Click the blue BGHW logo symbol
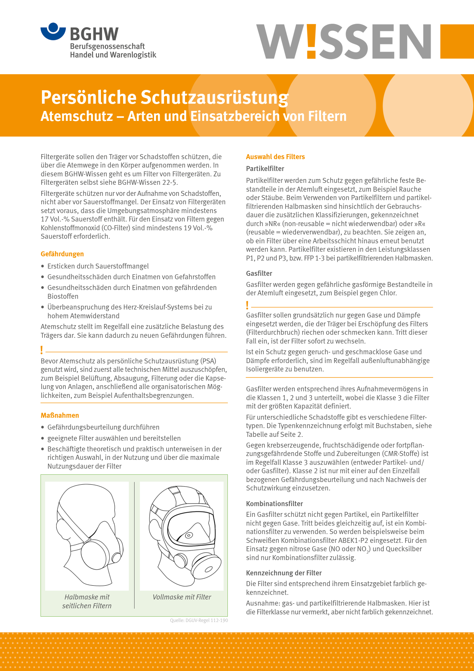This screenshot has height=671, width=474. (x=53, y=31)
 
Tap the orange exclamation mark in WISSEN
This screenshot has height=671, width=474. (x=312, y=41)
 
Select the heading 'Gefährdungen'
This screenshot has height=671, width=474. (x=62, y=254)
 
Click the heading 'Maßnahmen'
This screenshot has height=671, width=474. (x=60, y=415)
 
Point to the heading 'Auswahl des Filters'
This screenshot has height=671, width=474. (x=275, y=157)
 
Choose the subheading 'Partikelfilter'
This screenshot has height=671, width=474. (x=265, y=169)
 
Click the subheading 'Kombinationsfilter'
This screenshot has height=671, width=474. (x=274, y=504)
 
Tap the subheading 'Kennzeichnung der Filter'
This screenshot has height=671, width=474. (x=284, y=573)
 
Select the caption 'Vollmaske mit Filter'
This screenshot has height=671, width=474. (x=182, y=597)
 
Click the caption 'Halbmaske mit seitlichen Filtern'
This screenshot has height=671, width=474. (x=87, y=601)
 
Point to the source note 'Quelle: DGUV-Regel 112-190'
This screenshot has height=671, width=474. (x=199, y=621)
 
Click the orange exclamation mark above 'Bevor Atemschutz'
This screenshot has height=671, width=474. (x=42, y=350)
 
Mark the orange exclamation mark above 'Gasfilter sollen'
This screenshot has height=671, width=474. (x=247, y=305)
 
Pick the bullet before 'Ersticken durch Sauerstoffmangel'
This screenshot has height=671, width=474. (x=43, y=266)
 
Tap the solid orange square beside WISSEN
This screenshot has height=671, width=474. (x=457, y=41)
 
